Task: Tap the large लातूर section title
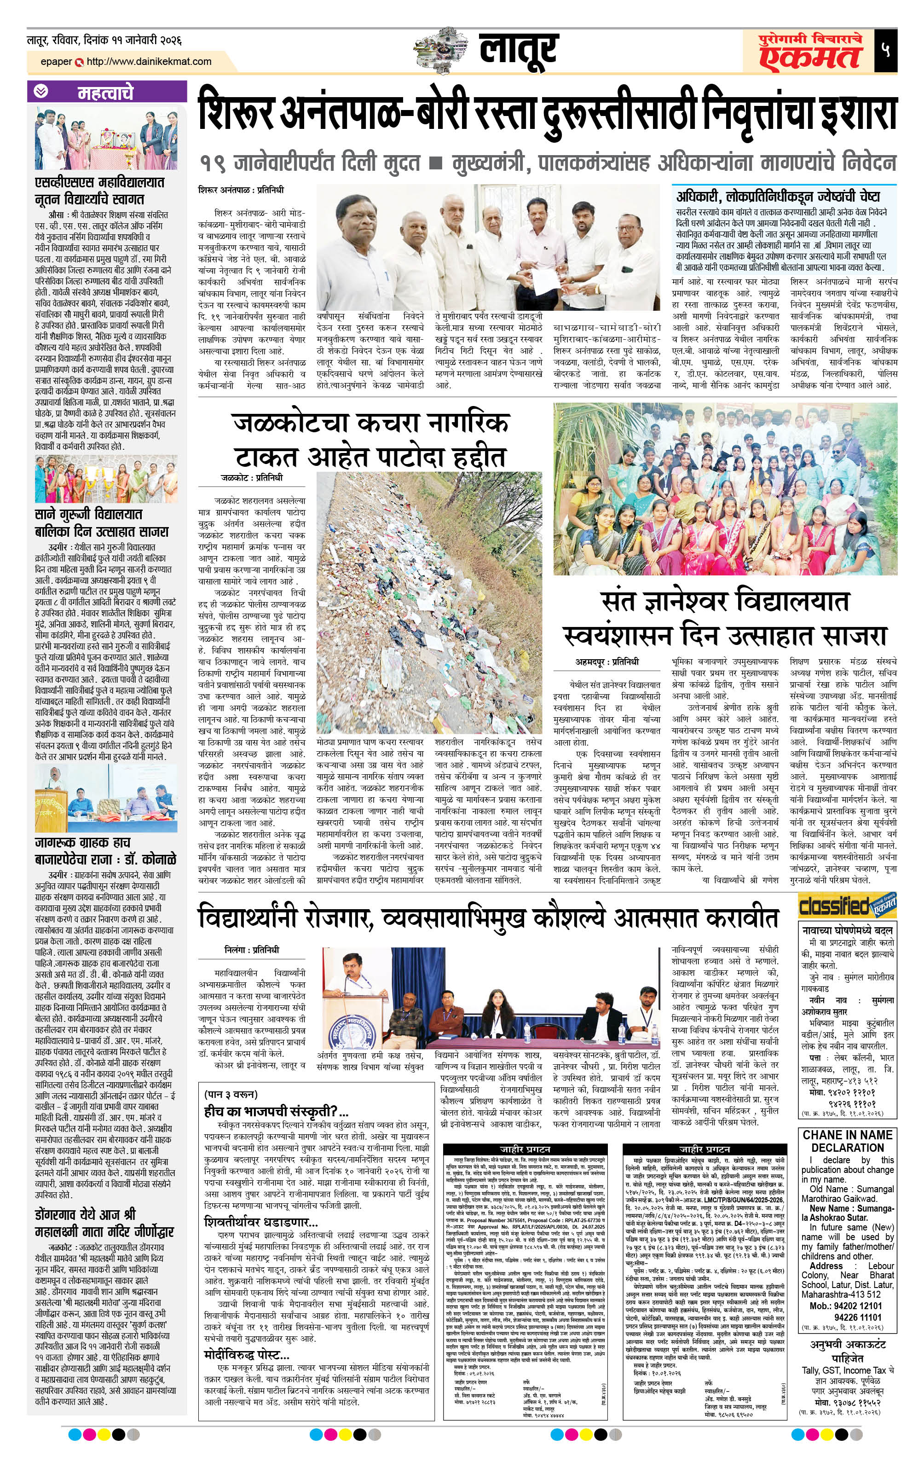(x=518, y=50)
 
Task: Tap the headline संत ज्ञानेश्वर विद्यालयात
(x=725, y=601)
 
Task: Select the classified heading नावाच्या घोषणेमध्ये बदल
(x=847, y=931)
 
